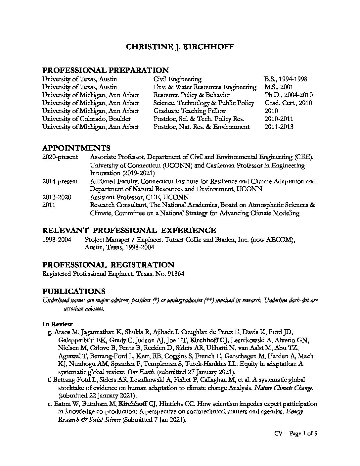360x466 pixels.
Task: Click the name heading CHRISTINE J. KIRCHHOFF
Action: tap(180, 47)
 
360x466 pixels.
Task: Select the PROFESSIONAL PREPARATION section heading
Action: tap(105, 70)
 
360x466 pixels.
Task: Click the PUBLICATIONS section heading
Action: tap(73, 291)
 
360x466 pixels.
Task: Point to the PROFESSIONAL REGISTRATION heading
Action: tap(108, 265)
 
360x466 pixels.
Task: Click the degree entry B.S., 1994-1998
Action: tap(286, 79)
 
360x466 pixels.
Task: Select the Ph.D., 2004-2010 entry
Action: tap(288, 95)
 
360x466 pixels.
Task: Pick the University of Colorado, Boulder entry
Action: tap(86, 119)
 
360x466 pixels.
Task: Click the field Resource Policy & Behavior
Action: tap(192, 95)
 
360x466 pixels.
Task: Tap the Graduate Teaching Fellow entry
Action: tap(190, 111)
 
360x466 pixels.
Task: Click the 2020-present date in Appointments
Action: tap(60, 157)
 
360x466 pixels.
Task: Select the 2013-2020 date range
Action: tap(57, 197)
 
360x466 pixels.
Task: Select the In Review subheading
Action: tap(57, 324)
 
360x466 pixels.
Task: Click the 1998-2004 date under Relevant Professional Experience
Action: tap(57, 239)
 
